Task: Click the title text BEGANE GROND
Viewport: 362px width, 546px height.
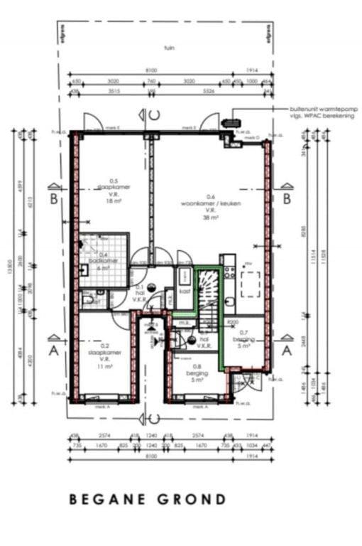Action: [x=148, y=499]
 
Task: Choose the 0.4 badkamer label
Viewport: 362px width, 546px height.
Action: [x=104, y=261]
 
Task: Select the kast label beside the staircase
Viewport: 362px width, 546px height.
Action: [x=184, y=291]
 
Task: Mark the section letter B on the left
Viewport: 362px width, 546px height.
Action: [x=53, y=199]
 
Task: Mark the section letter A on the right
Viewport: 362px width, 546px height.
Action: [x=287, y=350]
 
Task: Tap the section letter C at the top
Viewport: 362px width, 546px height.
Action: [x=154, y=115]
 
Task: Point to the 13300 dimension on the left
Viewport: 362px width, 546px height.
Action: [x=13, y=267]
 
